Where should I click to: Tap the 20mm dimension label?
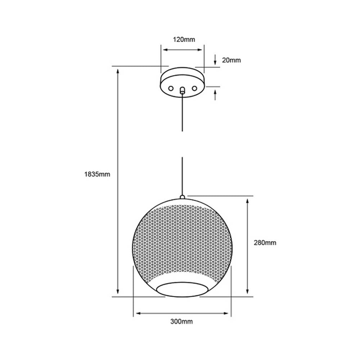(231, 60)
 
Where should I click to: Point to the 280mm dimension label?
(265, 243)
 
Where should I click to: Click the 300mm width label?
(181, 321)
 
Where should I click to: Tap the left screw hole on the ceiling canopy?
(171, 88)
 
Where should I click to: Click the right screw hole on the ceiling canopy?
(194, 88)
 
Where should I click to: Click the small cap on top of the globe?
(182, 197)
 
